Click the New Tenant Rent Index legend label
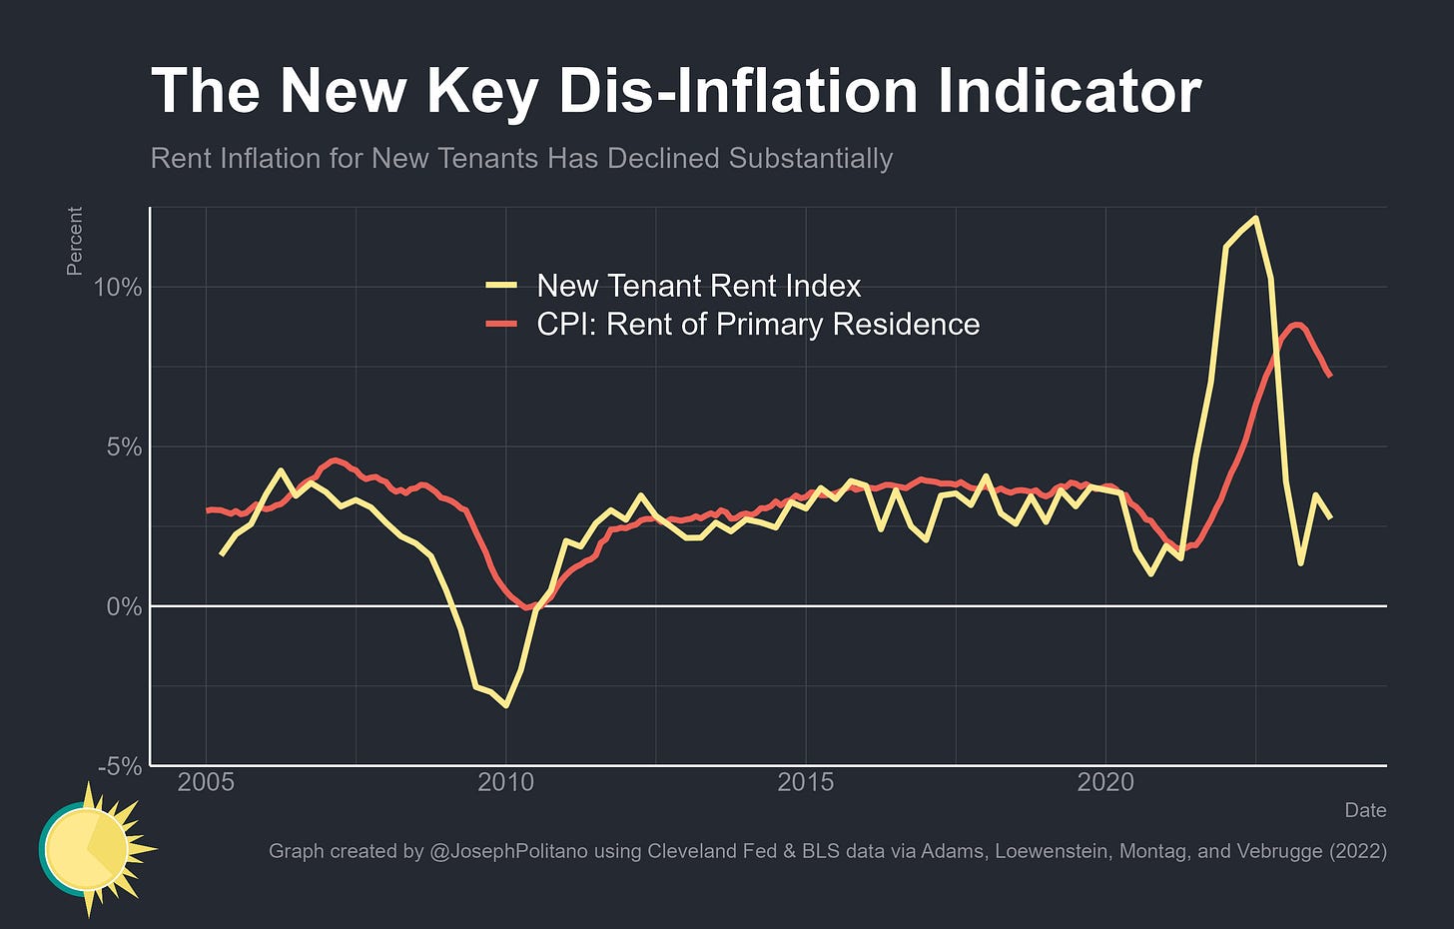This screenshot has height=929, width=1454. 698,286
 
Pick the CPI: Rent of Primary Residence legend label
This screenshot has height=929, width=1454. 758,325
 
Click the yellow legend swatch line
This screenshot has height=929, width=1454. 501,286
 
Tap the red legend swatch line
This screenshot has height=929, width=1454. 501,325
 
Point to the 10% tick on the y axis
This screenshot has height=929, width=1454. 118,288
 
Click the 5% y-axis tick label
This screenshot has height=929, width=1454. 124,448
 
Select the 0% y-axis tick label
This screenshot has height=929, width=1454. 124,607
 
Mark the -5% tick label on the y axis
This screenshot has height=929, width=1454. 120,766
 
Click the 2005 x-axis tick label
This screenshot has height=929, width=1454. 206,782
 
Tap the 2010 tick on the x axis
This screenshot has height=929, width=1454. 506,782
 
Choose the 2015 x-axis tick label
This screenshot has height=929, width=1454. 806,782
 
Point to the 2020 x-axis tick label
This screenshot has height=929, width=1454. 1105,782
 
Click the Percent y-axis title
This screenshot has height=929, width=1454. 75,241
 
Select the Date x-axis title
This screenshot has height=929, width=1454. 1365,810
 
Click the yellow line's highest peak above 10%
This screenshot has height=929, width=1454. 1255,218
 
